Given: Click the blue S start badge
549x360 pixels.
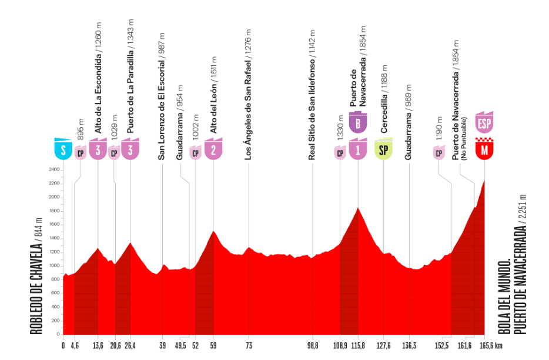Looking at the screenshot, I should pos(63,149).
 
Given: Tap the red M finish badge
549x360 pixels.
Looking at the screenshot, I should pos(484,149).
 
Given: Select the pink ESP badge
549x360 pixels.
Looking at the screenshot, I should pos(484,122).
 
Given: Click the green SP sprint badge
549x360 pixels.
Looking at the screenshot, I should pos(383,150).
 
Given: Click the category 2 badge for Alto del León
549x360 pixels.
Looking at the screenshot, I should pos(213,149).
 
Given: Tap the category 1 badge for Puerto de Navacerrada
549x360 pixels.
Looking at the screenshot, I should pos(357,149).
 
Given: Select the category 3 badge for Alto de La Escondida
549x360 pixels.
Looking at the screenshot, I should pos(98,149).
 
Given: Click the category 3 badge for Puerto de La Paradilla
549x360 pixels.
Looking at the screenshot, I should pos(130,149).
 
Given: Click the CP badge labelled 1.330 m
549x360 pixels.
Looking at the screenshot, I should pos(340,153).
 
